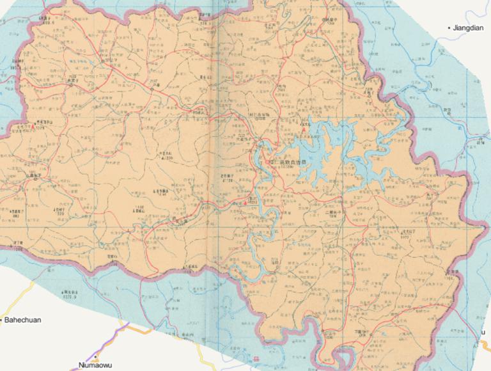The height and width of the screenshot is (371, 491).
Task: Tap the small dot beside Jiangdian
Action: pos(449,28)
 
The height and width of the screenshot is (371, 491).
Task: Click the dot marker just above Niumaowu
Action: pos(96,357)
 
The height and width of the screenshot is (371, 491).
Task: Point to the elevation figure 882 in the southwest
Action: pos(16,216)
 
